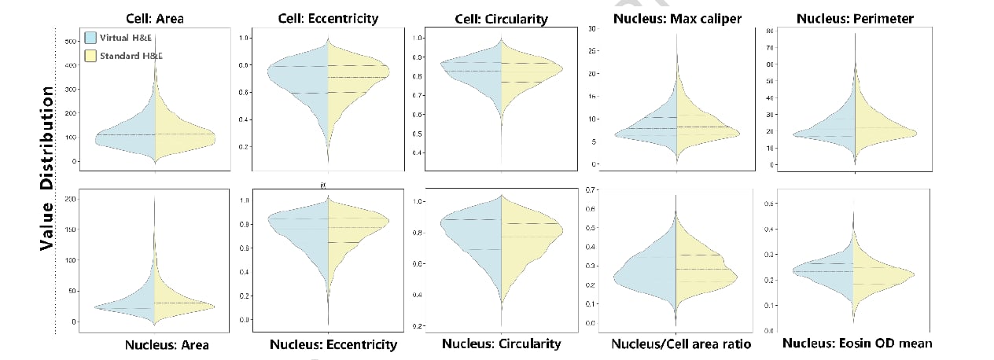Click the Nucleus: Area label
[167, 344]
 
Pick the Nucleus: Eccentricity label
[333, 344]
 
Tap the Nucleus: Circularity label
[502, 343]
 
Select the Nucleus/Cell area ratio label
[681, 344]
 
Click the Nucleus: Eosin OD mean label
[858, 343]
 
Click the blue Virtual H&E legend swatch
[90, 37]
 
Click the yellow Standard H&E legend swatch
[90, 56]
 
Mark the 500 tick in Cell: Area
[70, 41]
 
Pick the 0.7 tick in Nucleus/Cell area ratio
[590, 190]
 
